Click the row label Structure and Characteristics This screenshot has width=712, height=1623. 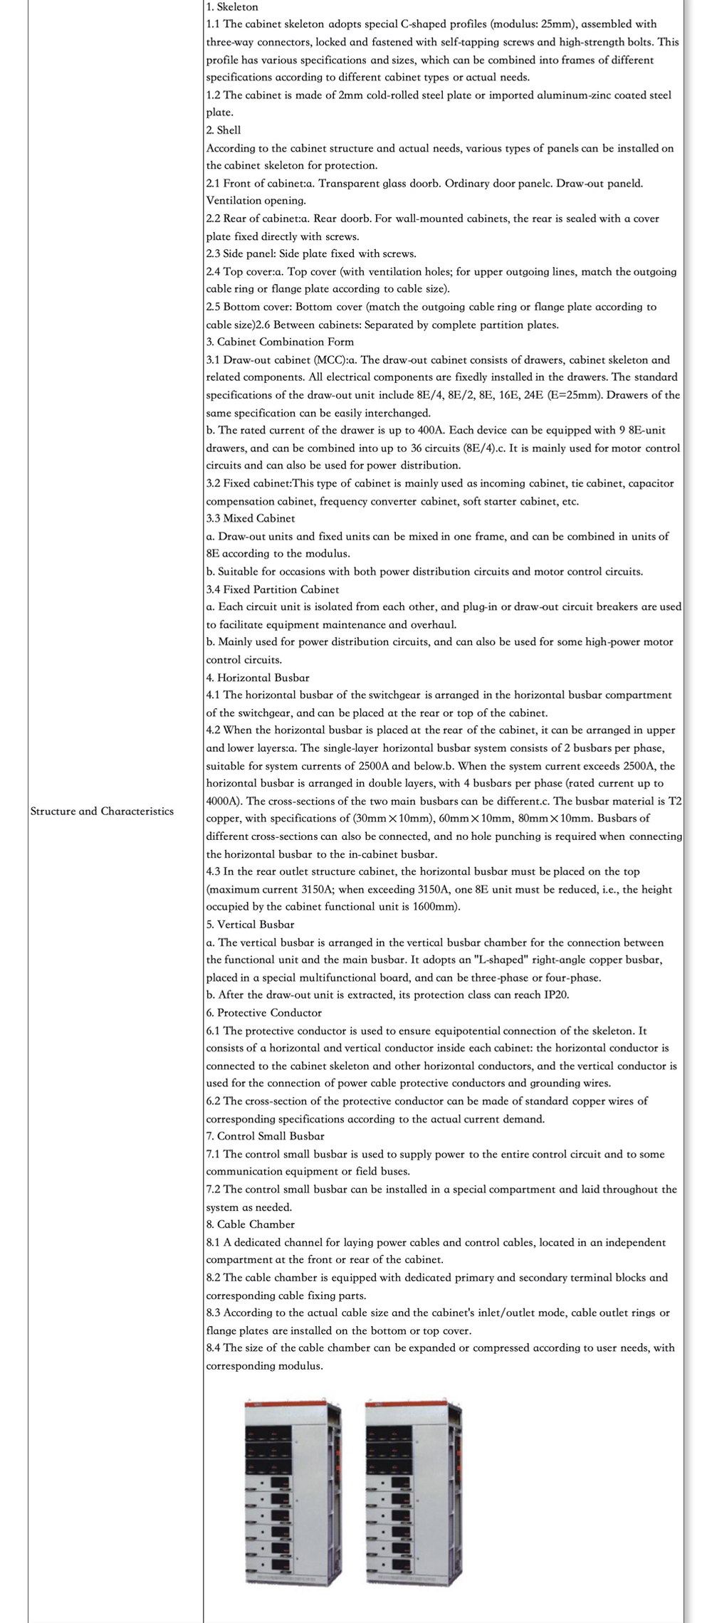click(102, 811)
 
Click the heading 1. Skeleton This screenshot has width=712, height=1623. click(232, 6)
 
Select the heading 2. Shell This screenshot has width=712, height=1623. click(224, 130)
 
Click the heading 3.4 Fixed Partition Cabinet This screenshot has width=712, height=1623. click(273, 589)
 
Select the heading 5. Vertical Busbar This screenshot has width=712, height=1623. click(250, 924)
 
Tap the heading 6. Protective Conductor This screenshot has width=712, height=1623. click(263, 1012)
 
